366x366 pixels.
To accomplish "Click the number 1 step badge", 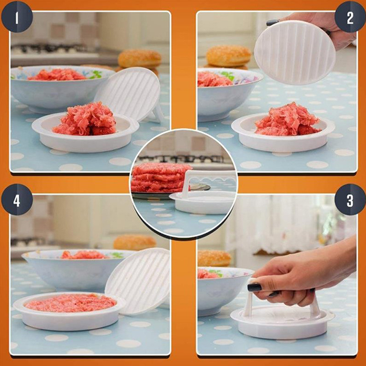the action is [17, 17].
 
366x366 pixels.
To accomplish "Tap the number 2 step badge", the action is [350, 17].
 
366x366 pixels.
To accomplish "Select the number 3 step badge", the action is [350, 200].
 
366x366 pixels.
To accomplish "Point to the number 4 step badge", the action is [17, 200].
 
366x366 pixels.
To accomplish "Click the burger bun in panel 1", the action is [140, 59].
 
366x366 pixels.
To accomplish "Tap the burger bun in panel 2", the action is [228, 56].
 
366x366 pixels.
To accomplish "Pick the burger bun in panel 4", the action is [135, 243].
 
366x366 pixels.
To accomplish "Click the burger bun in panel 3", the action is [214, 258].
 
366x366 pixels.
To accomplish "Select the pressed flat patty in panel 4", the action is [70, 303].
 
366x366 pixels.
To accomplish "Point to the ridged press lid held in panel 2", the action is [295, 53].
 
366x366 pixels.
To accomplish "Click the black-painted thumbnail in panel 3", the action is [254, 287].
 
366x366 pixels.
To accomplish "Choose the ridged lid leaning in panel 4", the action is [138, 280].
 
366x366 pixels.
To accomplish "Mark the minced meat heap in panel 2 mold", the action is [288, 120].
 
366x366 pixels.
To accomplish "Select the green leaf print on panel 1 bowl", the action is [96, 75].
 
